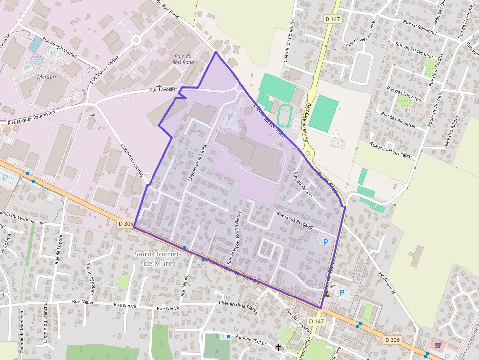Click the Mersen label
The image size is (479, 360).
tap(46, 77)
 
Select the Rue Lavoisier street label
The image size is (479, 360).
tap(163, 89)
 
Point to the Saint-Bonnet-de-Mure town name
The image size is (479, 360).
tap(157, 258)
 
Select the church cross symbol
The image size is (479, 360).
tap(279, 347)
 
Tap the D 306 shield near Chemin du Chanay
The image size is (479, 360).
tap(126, 223)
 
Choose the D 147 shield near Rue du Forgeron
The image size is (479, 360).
tap(317, 321)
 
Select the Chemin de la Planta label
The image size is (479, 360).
tap(238, 304)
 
